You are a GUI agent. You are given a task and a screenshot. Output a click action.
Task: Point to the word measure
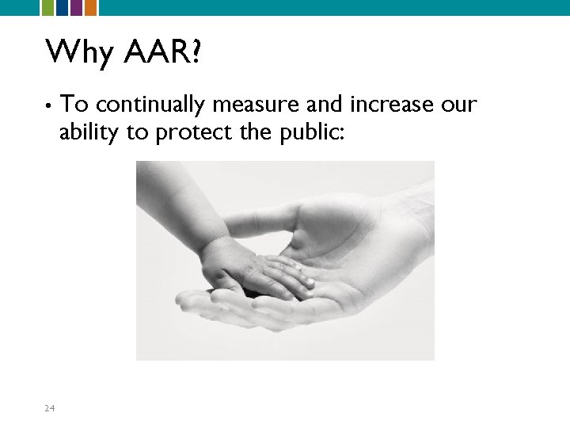[x=257, y=104]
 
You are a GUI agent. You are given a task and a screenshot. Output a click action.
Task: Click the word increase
[x=391, y=104]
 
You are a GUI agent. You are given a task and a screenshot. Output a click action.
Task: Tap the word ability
[x=89, y=132]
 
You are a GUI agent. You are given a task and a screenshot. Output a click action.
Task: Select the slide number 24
[x=50, y=408]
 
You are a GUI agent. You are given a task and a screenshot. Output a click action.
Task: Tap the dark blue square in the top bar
[x=61, y=8]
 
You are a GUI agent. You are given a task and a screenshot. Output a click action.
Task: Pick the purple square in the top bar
[x=76, y=8]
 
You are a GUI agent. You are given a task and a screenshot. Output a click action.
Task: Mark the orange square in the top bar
[x=91, y=8]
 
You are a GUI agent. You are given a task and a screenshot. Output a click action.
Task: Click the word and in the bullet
[x=325, y=104]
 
